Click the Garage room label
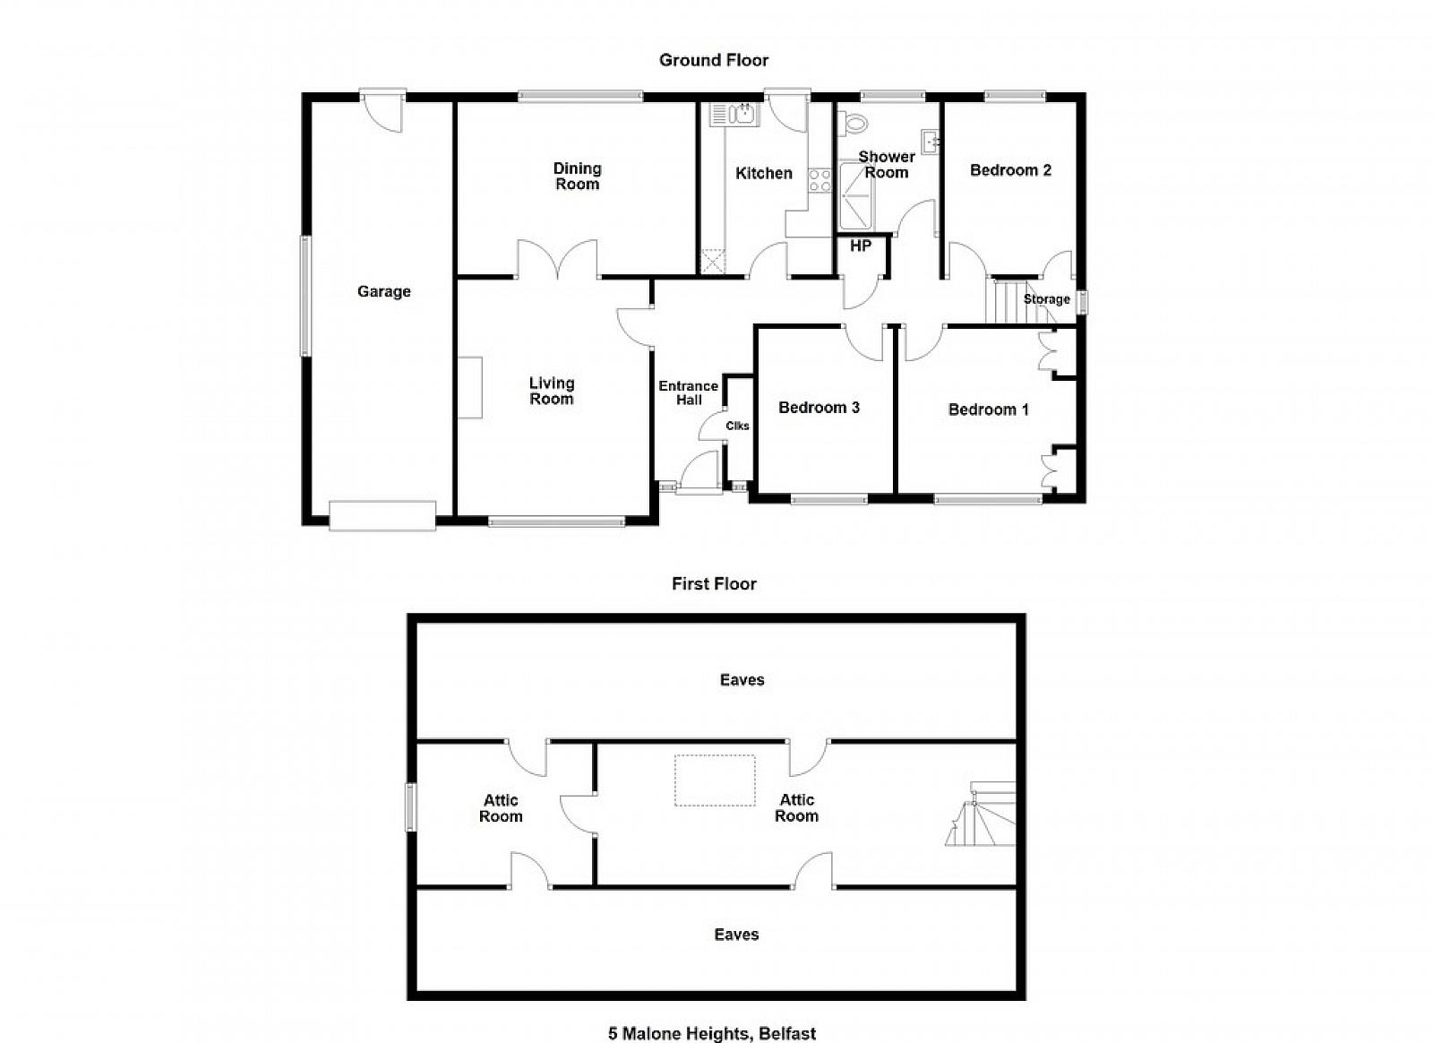(384, 292)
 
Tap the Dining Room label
(577, 176)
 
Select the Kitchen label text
(764, 173)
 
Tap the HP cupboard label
(861, 246)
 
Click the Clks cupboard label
(737, 426)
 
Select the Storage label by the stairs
(1047, 298)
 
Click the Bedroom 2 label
(1011, 170)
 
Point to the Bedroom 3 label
(819, 408)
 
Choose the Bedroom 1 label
(989, 409)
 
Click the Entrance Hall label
(689, 392)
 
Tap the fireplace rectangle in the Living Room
(470, 388)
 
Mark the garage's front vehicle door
(382, 516)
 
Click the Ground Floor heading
(714, 60)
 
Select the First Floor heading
(714, 583)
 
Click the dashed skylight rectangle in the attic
(715, 780)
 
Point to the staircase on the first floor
(981, 814)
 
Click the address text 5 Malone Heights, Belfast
(712, 1033)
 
